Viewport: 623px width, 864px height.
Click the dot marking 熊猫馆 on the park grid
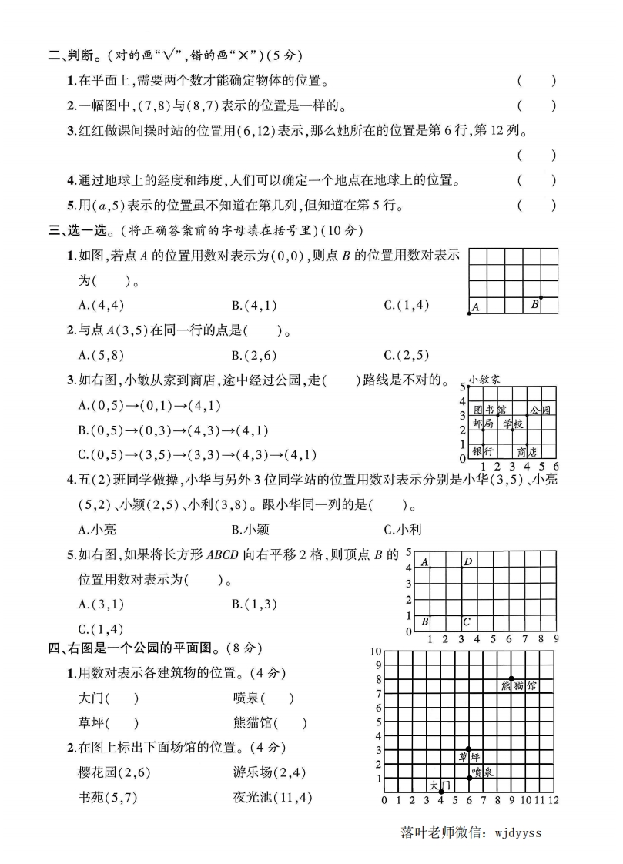pos(511,678)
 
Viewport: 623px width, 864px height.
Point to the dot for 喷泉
pos(469,778)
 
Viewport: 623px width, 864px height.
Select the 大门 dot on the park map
pos(441,792)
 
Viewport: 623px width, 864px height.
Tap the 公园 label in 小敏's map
pos(541,410)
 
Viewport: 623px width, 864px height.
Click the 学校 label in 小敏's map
pos(513,424)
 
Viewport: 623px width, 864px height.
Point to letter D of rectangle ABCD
pos(467,562)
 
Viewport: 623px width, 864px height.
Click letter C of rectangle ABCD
pos(467,621)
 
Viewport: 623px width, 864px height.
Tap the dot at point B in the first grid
pos(541,298)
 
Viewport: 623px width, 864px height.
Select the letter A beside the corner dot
pos(475,306)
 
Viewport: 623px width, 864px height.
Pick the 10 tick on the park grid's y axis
pos(376,651)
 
